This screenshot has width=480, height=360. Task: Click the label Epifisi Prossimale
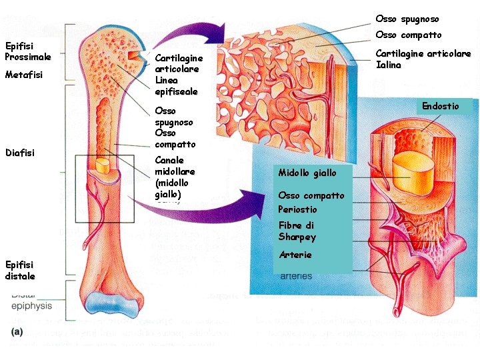[28, 51]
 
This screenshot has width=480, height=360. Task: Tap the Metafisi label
[24, 75]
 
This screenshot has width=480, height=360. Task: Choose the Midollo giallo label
[307, 173]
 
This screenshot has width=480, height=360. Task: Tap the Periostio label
[297, 209]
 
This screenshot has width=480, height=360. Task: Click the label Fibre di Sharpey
[297, 231]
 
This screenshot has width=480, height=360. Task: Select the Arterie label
[295, 255]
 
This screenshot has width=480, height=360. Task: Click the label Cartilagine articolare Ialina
[423, 59]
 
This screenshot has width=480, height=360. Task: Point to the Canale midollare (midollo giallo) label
[171, 177]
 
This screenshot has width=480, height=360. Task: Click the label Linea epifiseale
[176, 85]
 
